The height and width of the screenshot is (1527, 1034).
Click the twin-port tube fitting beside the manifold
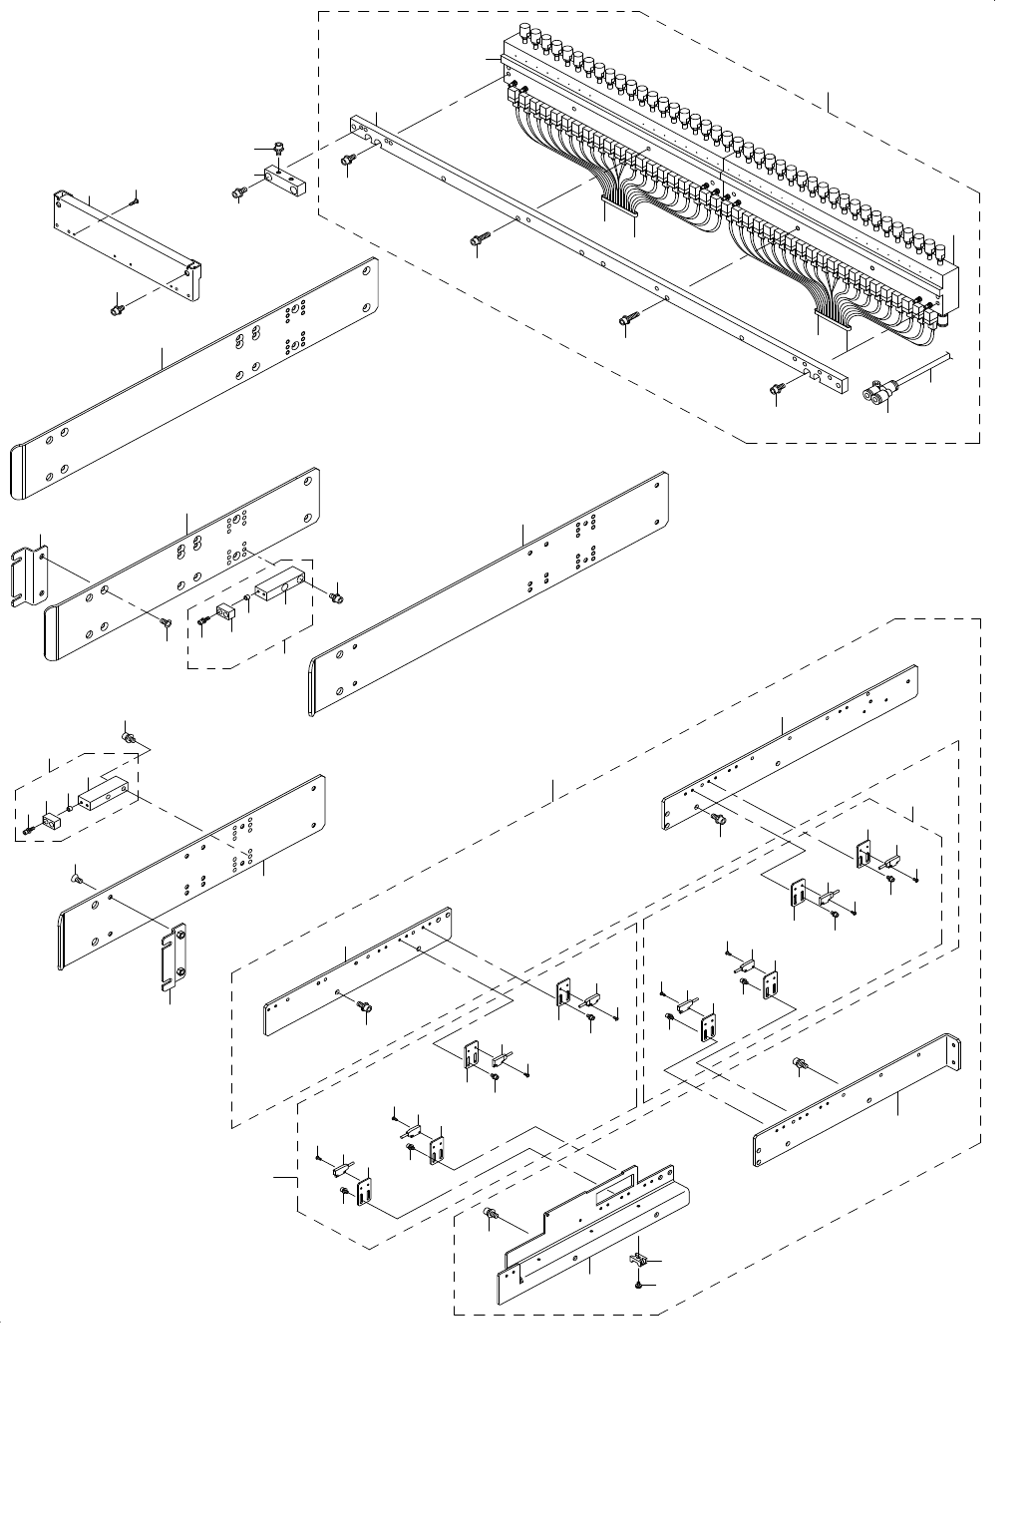[876, 396]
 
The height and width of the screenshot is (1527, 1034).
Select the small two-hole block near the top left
[285, 179]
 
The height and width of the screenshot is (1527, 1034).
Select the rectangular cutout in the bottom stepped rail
[614, 1191]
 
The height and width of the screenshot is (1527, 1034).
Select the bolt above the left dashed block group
[128, 737]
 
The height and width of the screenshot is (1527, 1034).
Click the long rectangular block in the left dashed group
[104, 795]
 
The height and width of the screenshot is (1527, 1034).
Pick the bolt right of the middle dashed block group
[336, 595]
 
